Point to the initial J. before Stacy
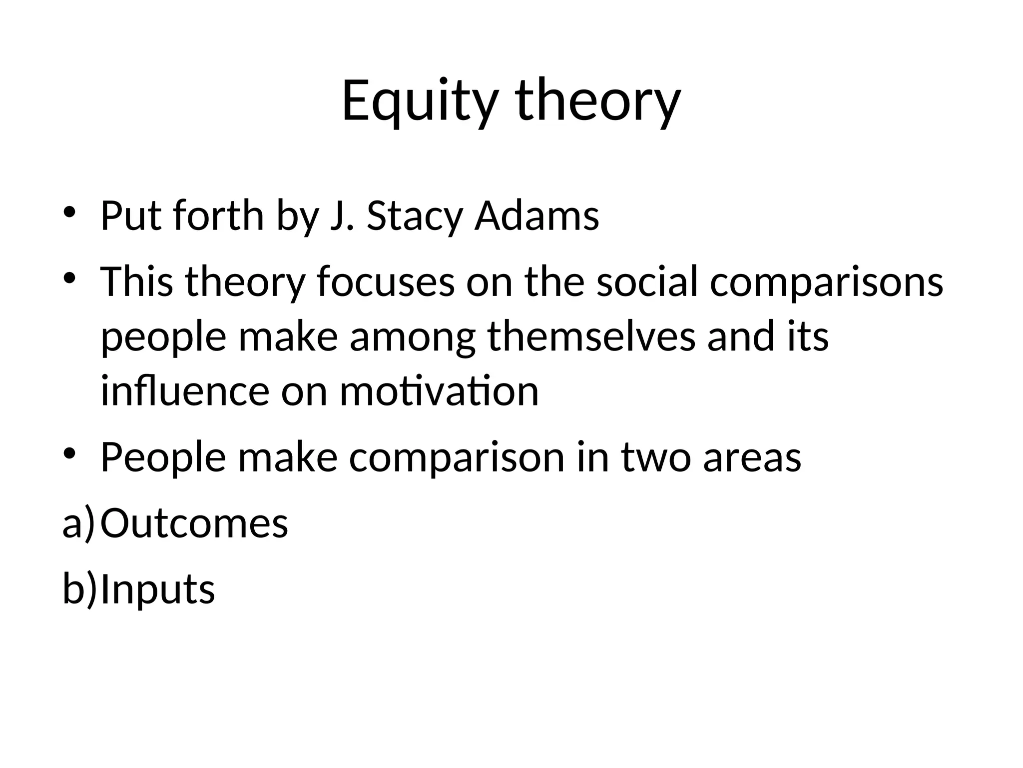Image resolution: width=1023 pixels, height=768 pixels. [x=342, y=216]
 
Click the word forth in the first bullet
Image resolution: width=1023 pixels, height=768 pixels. [x=218, y=216]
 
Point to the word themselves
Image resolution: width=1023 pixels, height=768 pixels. [x=591, y=336]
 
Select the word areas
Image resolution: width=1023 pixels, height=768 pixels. [x=752, y=457]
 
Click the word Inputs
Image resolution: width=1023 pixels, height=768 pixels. [x=158, y=589]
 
